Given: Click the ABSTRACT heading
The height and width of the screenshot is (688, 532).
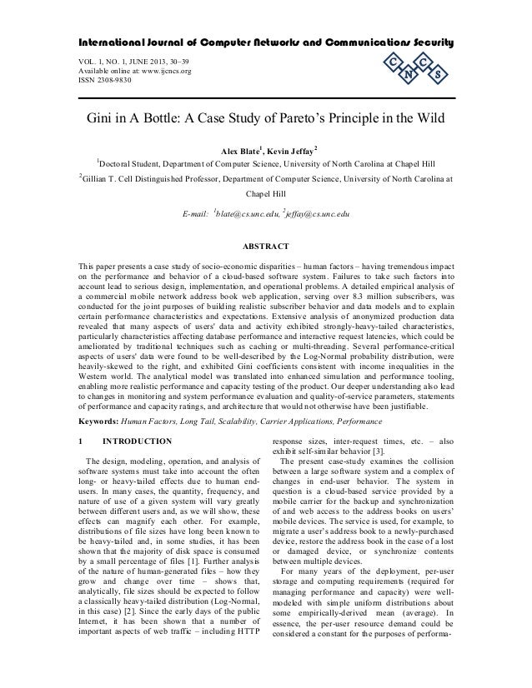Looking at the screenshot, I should coord(265,247).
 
